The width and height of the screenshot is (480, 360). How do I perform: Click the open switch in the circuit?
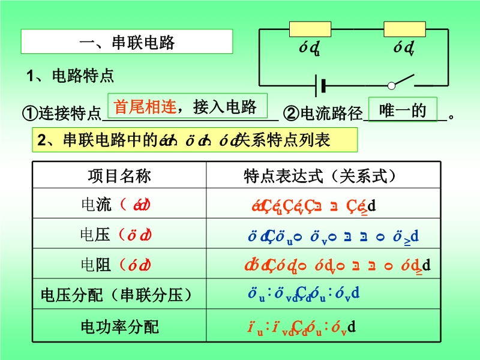403,83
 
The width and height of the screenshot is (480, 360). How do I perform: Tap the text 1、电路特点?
70,76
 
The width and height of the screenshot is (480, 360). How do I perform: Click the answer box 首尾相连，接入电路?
186,106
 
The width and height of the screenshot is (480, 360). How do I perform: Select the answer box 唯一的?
403,110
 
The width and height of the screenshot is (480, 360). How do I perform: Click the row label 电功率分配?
119,327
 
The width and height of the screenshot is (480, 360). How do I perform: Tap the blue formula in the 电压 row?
333,236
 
